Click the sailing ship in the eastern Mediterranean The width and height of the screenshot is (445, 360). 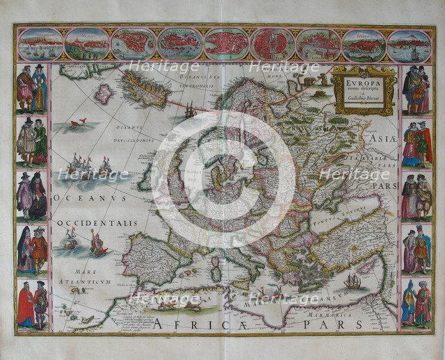click(x=353, y=282)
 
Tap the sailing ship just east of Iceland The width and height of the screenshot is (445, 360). click(x=189, y=110)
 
